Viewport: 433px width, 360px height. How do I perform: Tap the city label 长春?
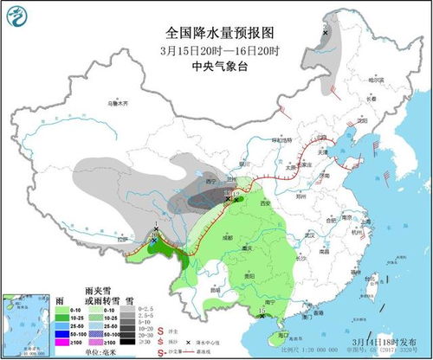point(378,98)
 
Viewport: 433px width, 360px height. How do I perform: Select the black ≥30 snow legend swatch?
point(126,344)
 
